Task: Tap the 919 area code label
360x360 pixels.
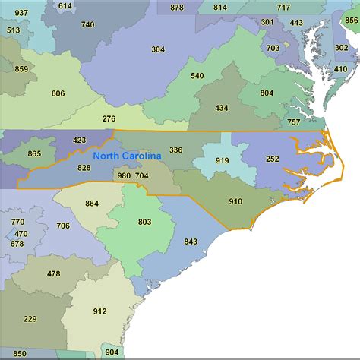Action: [x=223, y=161]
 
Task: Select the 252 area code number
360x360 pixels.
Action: [x=273, y=159]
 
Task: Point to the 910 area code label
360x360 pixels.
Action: [x=235, y=201]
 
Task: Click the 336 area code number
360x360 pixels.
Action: [x=175, y=150]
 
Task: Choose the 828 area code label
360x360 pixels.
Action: [x=84, y=168]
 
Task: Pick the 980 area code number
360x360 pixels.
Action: [x=124, y=175]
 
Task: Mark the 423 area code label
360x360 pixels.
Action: [x=80, y=140]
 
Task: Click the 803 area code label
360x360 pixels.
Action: [x=144, y=222]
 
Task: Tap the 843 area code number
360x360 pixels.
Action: [x=190, y=242]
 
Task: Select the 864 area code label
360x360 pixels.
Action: [x=92, y=203]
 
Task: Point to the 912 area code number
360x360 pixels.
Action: [x=100, y=311]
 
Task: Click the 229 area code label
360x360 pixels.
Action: [x=30, y=318]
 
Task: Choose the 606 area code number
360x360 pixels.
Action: [x=58, y=93]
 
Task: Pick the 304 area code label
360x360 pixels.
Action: [x=157, y=49]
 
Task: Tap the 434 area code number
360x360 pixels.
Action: [x=221, y=108]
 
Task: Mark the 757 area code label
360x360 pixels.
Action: [x=293, y=122]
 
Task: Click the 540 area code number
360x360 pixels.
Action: [x=197, y=75]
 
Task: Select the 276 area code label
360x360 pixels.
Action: [x=109, y=118]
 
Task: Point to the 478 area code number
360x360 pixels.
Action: [x=53, y=273]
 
